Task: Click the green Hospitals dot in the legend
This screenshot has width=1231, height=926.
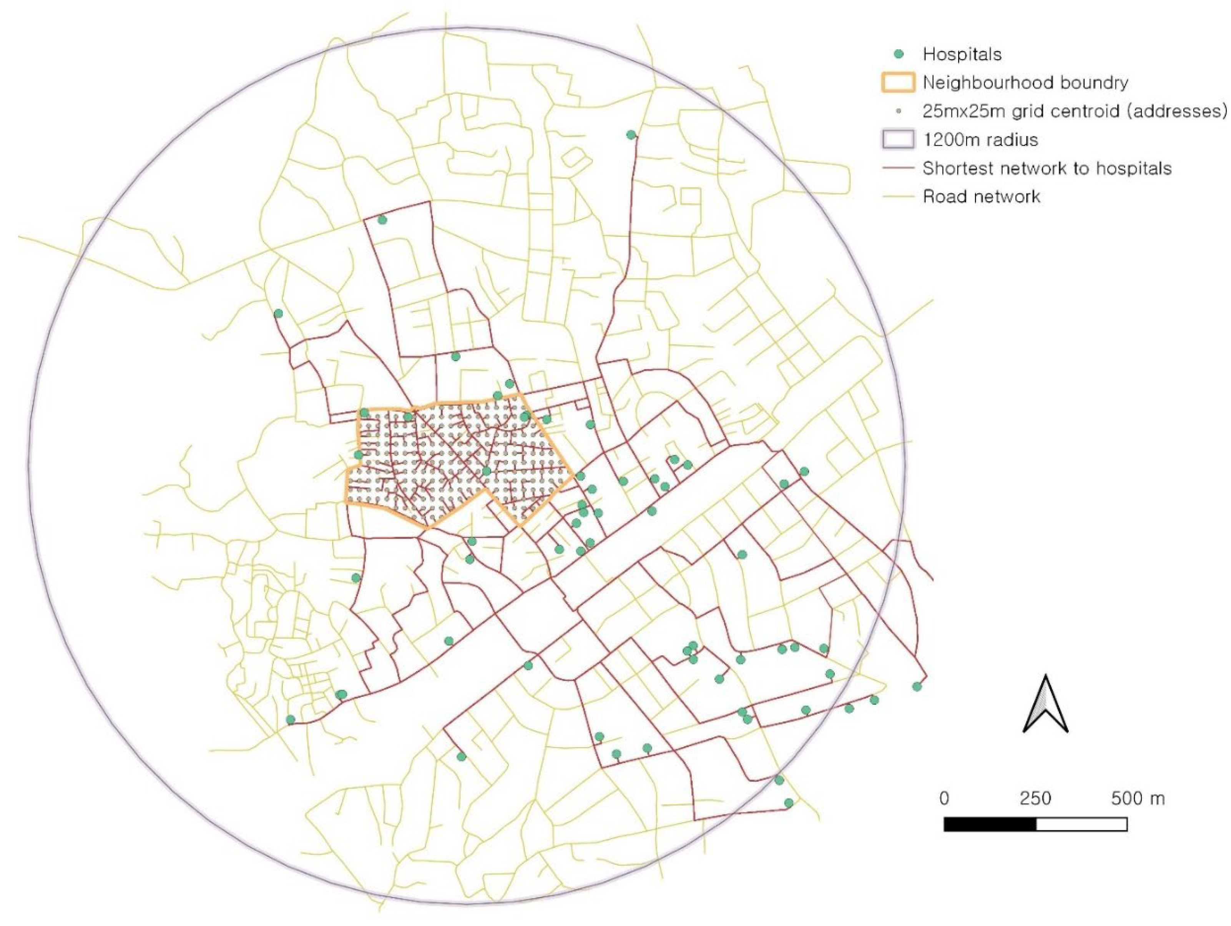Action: [898, 54]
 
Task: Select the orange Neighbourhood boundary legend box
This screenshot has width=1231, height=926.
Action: [898, 82]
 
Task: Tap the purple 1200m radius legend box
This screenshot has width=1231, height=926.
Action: [898, 139]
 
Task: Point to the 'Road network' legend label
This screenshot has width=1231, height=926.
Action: [981, 197]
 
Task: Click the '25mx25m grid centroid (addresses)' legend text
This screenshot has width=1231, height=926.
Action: [1074, 111]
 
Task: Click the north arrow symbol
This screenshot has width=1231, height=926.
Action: [1046, 704]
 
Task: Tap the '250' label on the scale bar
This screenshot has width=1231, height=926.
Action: [1035, 798]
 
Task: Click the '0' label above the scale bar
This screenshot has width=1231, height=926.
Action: [944, 798]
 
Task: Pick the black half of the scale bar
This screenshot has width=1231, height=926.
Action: [990, 824]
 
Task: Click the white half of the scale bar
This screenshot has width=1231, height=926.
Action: [1082, 824]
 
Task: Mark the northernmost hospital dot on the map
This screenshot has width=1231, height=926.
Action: [631, 135]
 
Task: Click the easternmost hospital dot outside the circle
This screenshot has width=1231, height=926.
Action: [917, 686]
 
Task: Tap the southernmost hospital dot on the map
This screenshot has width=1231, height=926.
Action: [789, 803]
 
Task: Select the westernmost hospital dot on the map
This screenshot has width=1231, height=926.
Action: [278, 313]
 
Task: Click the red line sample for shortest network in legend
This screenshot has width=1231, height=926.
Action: [898, 168]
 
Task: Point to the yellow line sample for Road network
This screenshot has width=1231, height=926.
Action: [898, 197]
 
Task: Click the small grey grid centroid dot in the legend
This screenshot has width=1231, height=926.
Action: [898, 111]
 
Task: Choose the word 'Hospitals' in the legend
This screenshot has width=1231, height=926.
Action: [962, 54]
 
